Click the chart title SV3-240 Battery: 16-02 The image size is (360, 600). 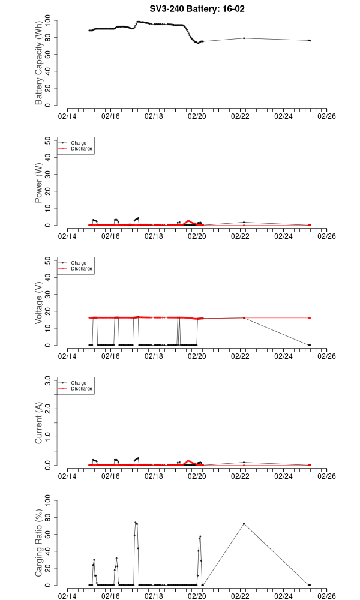(197, 8)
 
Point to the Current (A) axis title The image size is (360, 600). (40, 423)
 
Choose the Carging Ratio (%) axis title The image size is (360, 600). (40, 543)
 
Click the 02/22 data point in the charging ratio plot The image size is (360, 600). (244, 523)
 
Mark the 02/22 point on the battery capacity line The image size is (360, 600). (244, 38)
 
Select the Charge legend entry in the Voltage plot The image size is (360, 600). (79, 263)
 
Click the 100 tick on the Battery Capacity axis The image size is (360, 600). (50, 20)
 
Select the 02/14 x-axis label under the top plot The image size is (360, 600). (67, 116)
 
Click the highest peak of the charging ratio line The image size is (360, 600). (136, 523)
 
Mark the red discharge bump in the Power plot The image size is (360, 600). (188, 221)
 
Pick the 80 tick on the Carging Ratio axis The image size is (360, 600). (50, 517)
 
